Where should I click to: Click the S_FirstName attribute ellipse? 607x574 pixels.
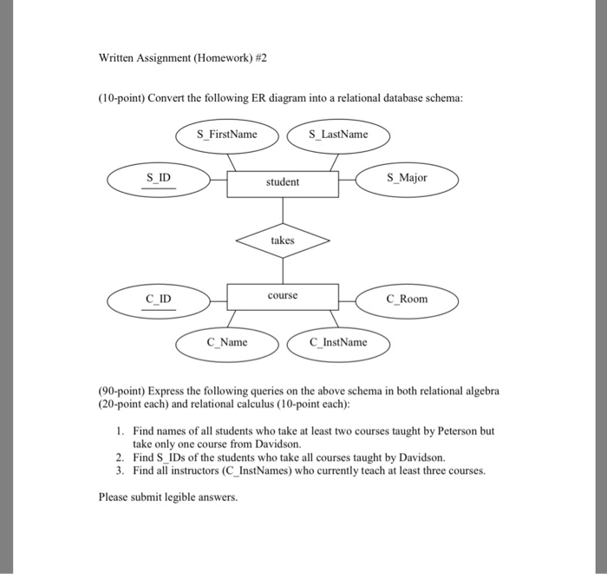[227, 135]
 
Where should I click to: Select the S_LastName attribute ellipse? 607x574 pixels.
[338, 135]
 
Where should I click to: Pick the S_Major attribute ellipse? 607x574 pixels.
[408, 178]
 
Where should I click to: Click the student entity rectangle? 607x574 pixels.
[283, 182]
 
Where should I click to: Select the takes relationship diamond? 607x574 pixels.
[283, 241]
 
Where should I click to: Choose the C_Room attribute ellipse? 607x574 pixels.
[408, 300]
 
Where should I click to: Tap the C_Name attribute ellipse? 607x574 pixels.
[227, 342]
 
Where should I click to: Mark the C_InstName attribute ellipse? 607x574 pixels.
[338, 342]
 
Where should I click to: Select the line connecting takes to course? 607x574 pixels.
[283, 269]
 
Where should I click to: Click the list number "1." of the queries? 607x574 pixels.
[121, 431]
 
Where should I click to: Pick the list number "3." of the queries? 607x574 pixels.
[121, 471]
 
